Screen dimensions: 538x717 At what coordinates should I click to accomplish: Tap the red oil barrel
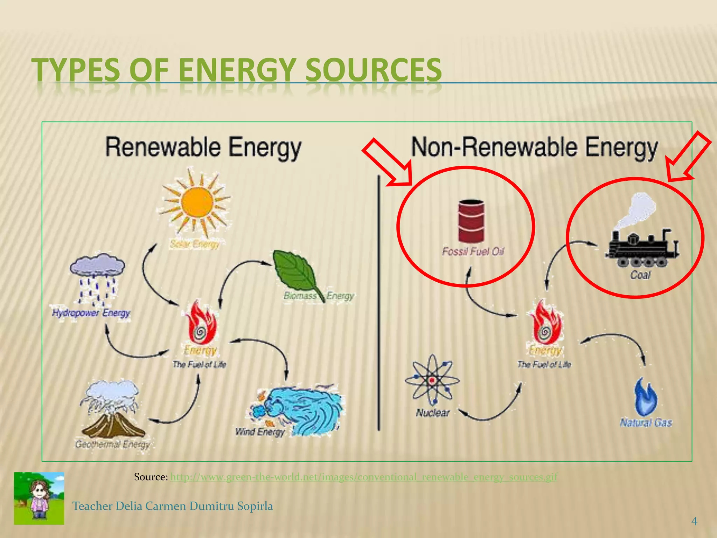click(471, 221)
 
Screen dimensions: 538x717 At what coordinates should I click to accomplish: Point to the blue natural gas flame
click(646, 397)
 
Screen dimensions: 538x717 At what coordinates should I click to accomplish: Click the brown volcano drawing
click(112, 420)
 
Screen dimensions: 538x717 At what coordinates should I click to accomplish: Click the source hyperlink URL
click(364, 477)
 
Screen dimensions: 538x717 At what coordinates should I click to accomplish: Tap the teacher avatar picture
click(39, 498)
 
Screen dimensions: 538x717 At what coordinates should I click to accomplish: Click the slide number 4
click(694, 522)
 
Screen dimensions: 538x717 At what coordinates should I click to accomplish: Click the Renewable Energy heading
click(203, 147)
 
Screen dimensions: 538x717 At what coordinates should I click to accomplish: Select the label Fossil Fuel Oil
click(473, 251)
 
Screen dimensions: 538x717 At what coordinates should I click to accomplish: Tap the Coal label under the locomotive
click(640, 275)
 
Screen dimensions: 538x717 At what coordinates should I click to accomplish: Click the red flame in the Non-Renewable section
click(545, 323)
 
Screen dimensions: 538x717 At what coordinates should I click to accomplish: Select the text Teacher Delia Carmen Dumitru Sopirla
click(173, 506)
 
